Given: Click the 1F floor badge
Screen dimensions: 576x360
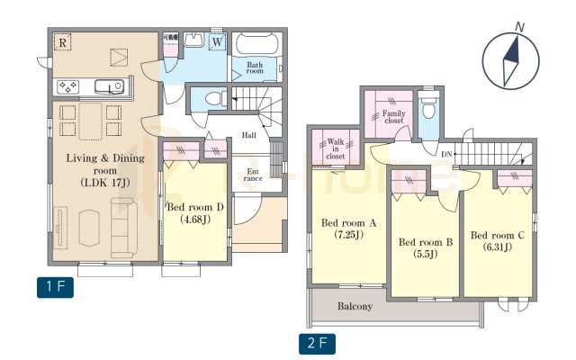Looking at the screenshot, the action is [55, 287].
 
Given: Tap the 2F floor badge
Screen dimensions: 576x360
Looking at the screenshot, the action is [317, 344].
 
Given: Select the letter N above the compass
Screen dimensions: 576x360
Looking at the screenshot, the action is [520, 27].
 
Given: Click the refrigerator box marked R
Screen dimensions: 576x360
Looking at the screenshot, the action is [62, 42].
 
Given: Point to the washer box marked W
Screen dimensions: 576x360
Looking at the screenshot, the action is [218, 42].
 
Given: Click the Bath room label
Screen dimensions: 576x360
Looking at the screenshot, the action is [255, 67].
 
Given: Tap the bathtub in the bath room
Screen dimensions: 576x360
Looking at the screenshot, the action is [257, 44].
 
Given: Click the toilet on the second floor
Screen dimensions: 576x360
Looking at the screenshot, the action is [428, 104].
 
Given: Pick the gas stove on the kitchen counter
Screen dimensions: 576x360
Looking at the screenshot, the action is [68, 87].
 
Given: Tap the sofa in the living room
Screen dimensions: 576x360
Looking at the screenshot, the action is [124, 228].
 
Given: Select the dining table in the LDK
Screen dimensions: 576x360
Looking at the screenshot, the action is [90, 121].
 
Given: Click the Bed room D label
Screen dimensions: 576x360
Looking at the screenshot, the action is [195, 207].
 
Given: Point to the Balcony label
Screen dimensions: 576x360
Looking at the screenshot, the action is [355, 306].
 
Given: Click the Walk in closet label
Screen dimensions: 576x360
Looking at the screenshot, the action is [336, 148].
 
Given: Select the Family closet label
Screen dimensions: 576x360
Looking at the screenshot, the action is [394, 116].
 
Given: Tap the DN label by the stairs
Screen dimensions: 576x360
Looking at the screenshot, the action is [446, 154].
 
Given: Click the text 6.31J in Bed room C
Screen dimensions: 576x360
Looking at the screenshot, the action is [497, 247].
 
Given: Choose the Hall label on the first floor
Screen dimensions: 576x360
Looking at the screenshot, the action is [249, 135].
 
